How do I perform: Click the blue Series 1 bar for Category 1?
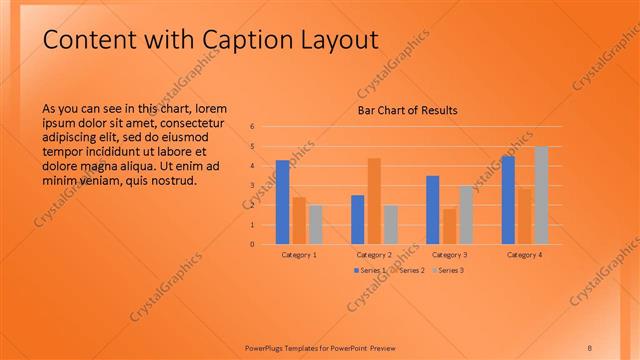click(283, 202)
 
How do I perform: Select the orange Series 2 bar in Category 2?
click(374, 201)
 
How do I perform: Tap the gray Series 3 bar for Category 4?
click(541, 195)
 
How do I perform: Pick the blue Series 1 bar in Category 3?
click(432, 210)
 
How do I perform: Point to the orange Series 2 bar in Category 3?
click(449, 226)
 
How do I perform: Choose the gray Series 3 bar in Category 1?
click(315, 224)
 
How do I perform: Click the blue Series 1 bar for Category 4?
click(508, 200)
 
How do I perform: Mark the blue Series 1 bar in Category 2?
click(358, 219)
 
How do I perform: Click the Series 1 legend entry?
click(369, 270)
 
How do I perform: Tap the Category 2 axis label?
click(374, 255)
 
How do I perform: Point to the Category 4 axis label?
click(524, 255)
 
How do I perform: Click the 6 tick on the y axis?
click(253, 127)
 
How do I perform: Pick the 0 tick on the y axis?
click(253, 244)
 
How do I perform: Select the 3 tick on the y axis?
click(253, 186)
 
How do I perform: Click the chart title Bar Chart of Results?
click(407, 110)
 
